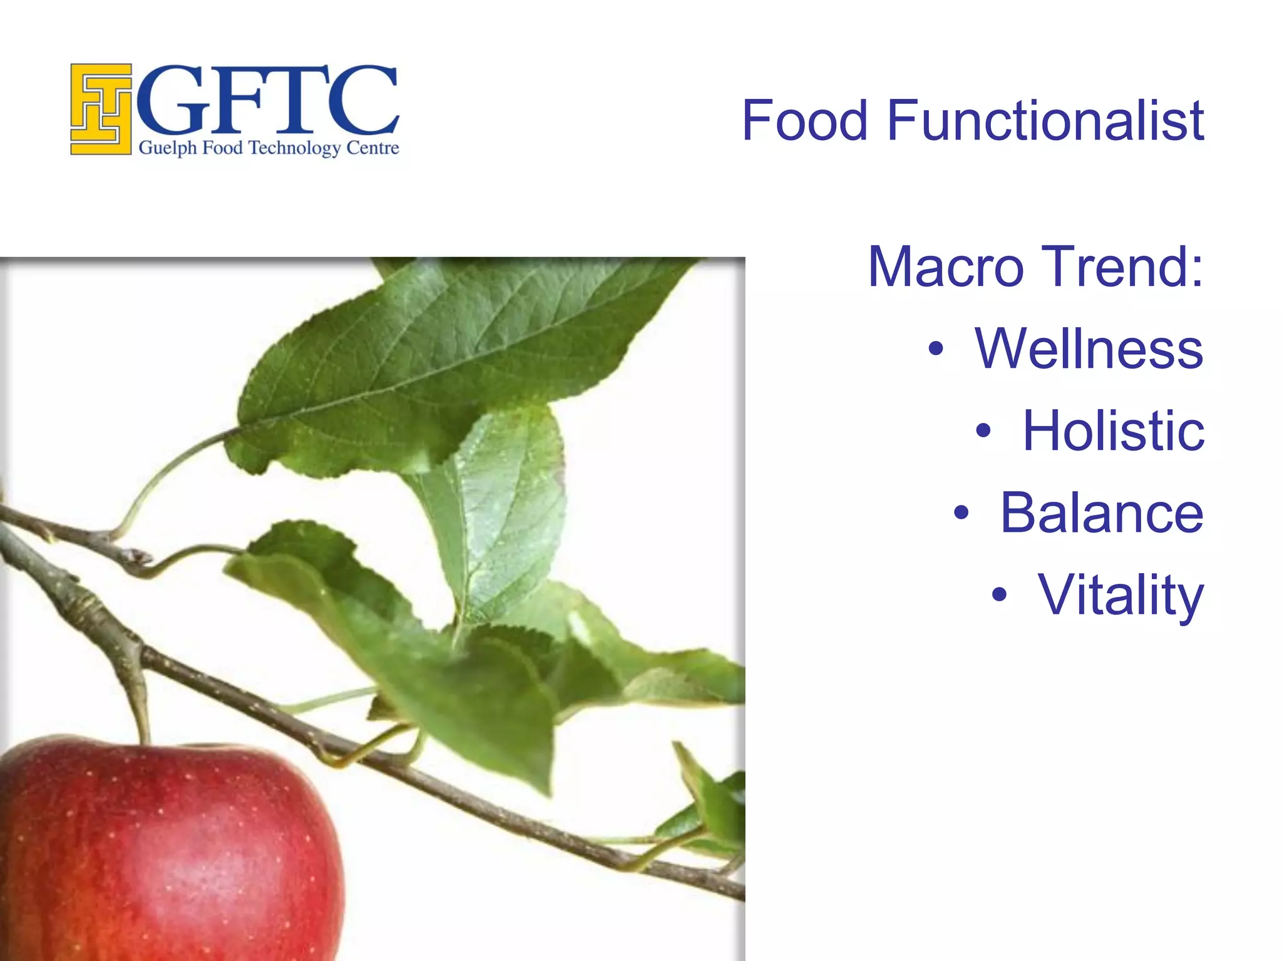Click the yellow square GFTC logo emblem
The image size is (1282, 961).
(x=101, y=109)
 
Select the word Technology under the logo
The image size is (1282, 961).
(x=294, y=149)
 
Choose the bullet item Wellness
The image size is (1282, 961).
(x=1089, y=348)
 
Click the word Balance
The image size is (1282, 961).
(x=1102, y=513)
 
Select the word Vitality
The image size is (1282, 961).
(x=1120, y=596)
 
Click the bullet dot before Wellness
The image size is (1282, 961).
(x=935, y=349)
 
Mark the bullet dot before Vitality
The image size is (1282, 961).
(x=1000, y=595)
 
